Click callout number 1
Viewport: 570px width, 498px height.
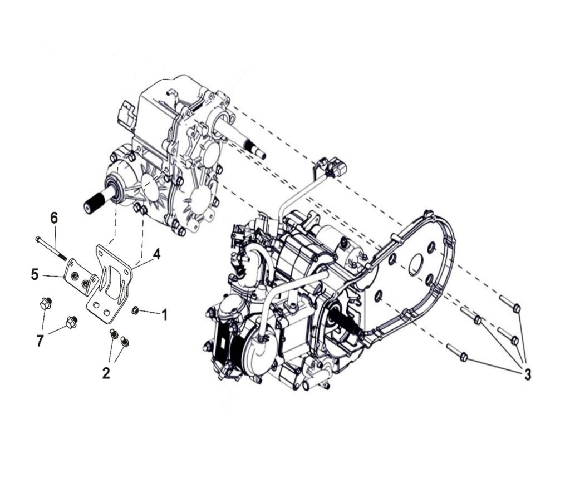click(164, 315)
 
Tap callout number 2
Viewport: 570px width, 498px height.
click(106, 373)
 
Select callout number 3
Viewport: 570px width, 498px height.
click(528, 374)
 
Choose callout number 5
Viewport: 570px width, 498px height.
click(35, 274)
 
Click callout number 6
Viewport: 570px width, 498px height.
click(54, 218)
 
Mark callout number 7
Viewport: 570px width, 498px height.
click(40, 341)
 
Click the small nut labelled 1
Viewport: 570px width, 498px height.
click(135, 310)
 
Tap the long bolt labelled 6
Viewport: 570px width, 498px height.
click(51, 249)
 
